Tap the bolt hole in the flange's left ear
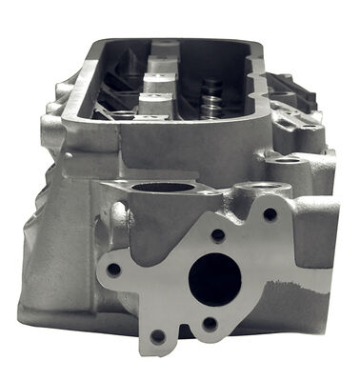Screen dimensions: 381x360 (113, 270)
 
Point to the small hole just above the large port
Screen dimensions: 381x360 (217, 234)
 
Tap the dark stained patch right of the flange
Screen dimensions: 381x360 (290, 286)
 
